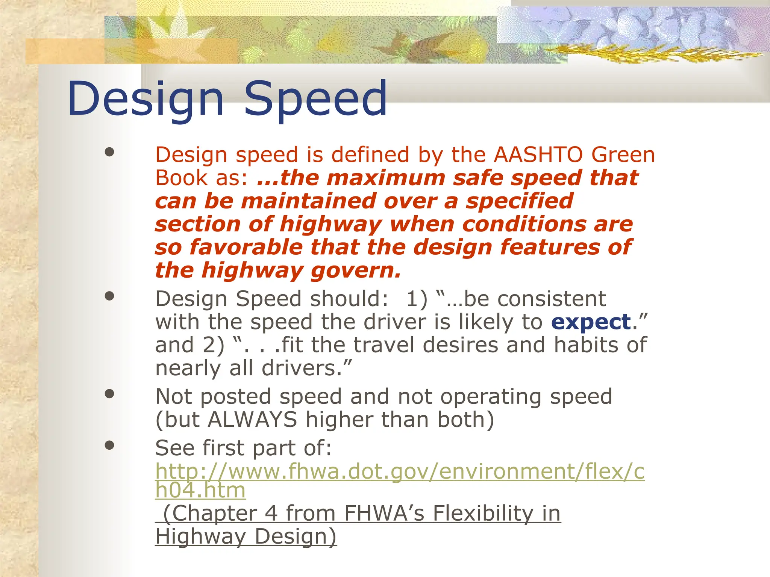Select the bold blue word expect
pyautogui.click(x=591, y=322)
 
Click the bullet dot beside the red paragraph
pyautogui.click(x=109, y=152)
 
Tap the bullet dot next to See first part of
pyautogui.click(x=109, y=446)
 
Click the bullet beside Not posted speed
pyautogui.click(x=109, y=394)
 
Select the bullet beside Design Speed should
pyautogui.click(x=109, y=296)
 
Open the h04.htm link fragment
pyautogui.click(x=200, y=490)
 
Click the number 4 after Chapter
pyautogui.click(x=271, y=514)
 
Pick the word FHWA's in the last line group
pyautogui.click(x=384, y=514)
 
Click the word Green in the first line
pyautogui.click(x=623, y=155)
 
